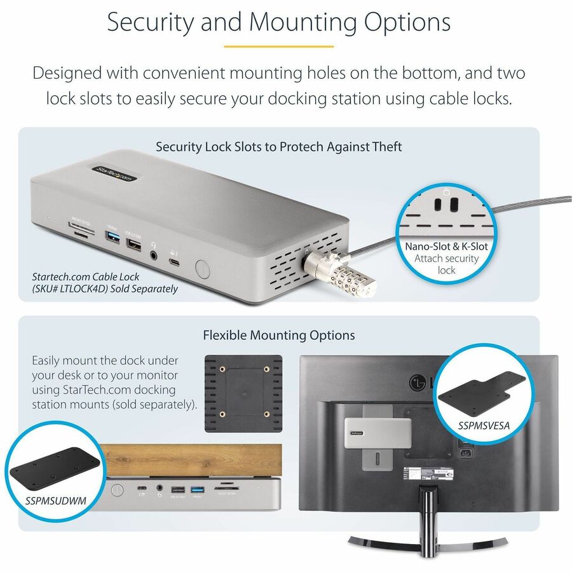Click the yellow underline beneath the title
(x=279, y=46)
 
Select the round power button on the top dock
(x=202, y=267)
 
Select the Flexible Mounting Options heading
(x=278, y=335)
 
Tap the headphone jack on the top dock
(x=154, y=255)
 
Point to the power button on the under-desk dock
(x=118, y=490)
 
